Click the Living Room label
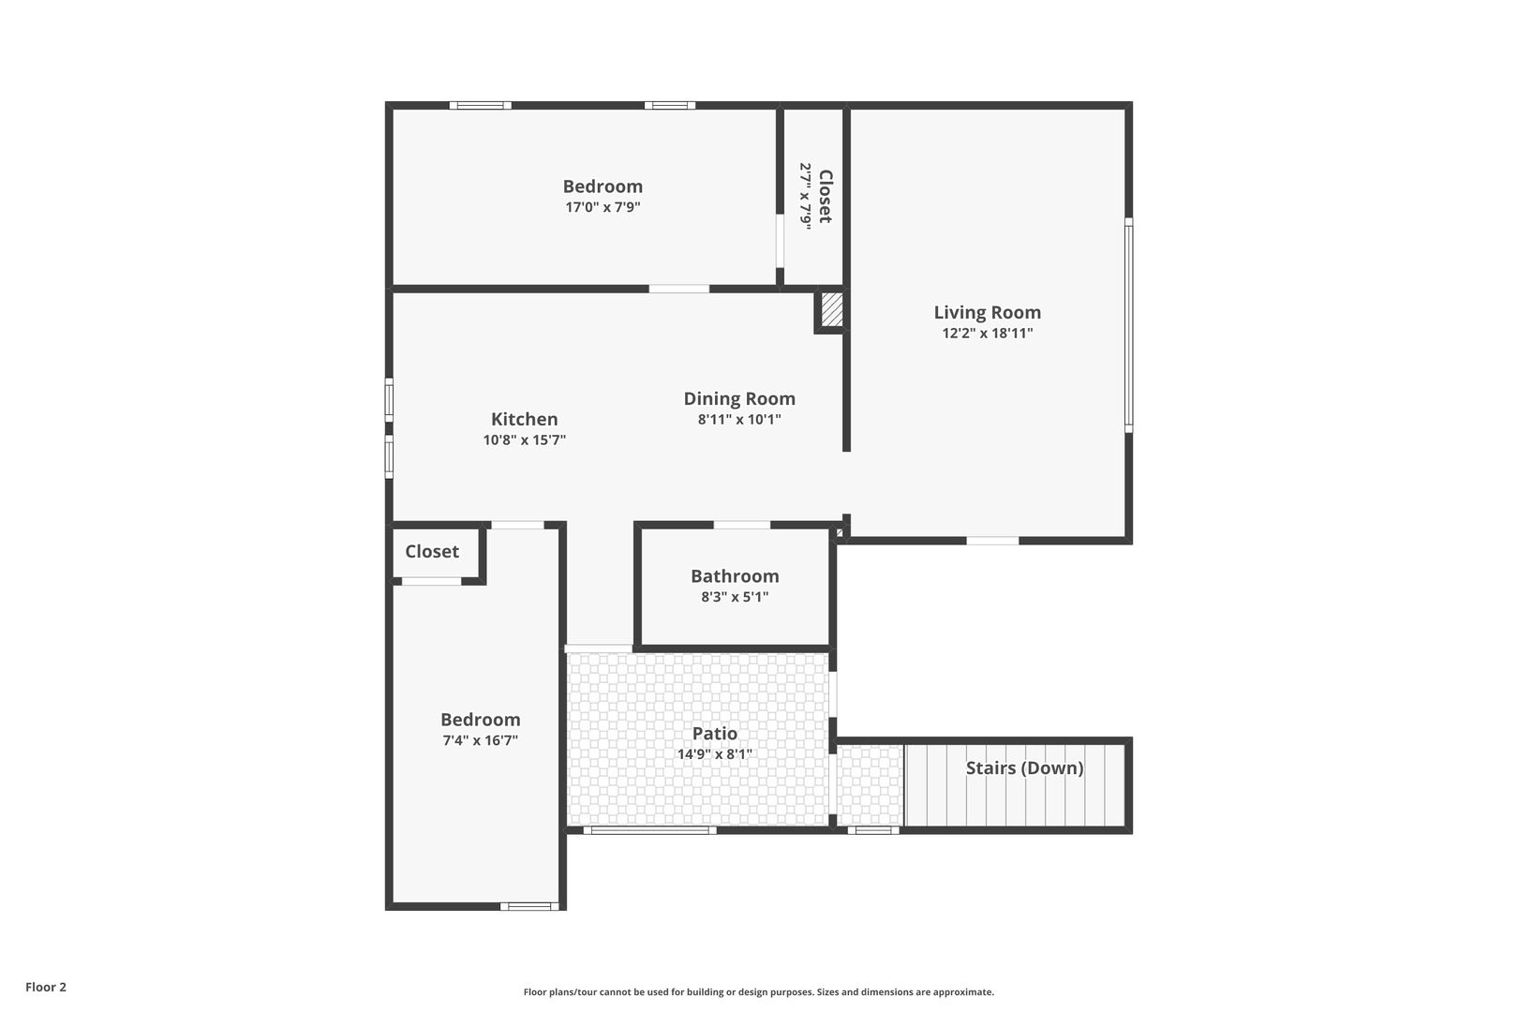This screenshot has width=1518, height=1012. (x=987, y=312)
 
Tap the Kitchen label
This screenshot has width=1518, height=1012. (x=524, y=419)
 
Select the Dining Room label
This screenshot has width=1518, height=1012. (x=738, y=398)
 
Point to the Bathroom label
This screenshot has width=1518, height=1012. (x=735, y=576)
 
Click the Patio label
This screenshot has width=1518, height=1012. (x=714, y=734)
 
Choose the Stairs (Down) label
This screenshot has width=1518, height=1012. (x=1024, y=768)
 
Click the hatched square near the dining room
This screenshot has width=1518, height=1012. (x=831, y=309)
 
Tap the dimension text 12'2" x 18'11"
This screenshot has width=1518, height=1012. (x=987, y=333)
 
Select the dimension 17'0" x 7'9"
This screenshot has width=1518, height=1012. (x=603, y=207)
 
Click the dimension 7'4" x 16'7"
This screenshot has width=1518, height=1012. (x=480, y=740)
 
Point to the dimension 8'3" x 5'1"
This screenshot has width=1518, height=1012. (x=735, y=597)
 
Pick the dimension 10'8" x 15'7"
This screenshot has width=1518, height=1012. (x=524, y=439)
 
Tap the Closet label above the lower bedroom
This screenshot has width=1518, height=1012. (x=432, y=552)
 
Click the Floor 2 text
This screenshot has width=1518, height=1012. (x=46, y=987)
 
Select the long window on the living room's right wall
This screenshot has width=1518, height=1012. (x=1128, y=325)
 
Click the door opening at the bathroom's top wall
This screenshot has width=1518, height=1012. (x=741, y=525)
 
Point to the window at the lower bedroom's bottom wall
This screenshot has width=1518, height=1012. (x=529, y=906)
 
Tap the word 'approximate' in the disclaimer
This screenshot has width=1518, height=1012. (x=963, y=992)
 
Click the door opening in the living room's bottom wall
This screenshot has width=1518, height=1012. (x=992, y=541)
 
